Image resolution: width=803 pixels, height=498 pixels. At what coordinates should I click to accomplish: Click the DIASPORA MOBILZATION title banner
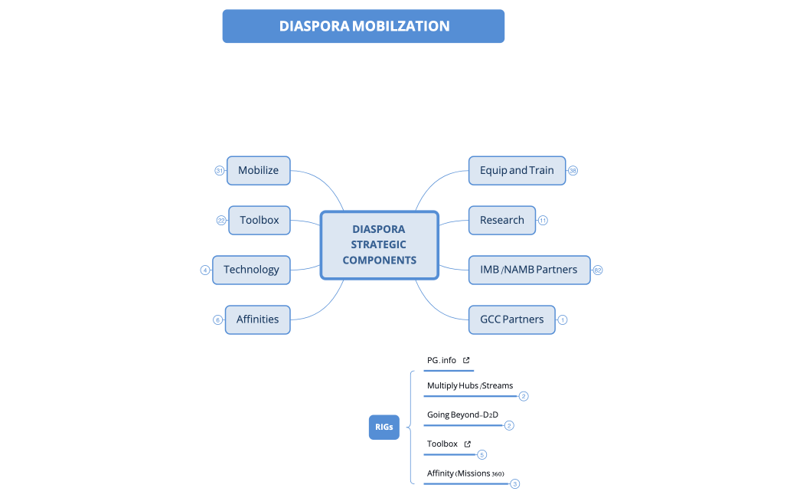click(x=364, y=26)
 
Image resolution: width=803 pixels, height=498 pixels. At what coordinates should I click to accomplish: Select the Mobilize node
click(x=259, y=170)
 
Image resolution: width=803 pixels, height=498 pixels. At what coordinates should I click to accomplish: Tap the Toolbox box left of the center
click(x=259, y=220)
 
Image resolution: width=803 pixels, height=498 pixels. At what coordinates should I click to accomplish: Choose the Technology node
click(x=251, y=270)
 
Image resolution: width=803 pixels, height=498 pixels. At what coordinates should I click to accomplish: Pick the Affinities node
click(x=257, y=319)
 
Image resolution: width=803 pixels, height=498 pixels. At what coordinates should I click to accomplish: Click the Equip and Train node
click(x=517, y=170)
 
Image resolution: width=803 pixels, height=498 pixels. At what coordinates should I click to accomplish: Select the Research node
click(x=501, y=220)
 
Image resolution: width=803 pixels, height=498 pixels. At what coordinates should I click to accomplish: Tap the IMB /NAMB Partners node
click(x=529, y=270)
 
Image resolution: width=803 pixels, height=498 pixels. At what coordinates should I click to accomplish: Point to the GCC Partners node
click(x=511, y=319)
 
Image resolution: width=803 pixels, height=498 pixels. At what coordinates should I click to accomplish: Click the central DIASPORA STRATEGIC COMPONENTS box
click(x=379, y=244)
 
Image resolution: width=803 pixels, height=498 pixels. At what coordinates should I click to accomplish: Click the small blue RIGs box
click(x=384, y=427)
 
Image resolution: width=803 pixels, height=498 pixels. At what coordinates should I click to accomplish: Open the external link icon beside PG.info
click(x=466, y=360)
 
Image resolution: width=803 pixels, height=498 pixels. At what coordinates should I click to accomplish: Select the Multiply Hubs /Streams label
click(x=470, y=385)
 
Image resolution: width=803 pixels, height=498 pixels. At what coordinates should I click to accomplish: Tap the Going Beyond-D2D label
click(x=462, y=414)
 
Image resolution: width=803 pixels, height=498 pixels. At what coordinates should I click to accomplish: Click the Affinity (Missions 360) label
click(x=465, y=473)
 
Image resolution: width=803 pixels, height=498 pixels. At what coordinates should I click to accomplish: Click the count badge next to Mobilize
click(x=219, y=171)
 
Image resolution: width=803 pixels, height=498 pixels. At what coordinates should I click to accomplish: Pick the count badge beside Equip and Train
click(x=573, y=171)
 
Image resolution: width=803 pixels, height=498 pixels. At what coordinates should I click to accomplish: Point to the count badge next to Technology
click(x=205, y=270)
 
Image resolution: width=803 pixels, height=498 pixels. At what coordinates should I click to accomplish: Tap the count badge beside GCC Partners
click(x=563, y=319)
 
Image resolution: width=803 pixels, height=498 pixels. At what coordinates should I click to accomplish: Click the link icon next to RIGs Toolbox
click(x=468, y=444)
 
